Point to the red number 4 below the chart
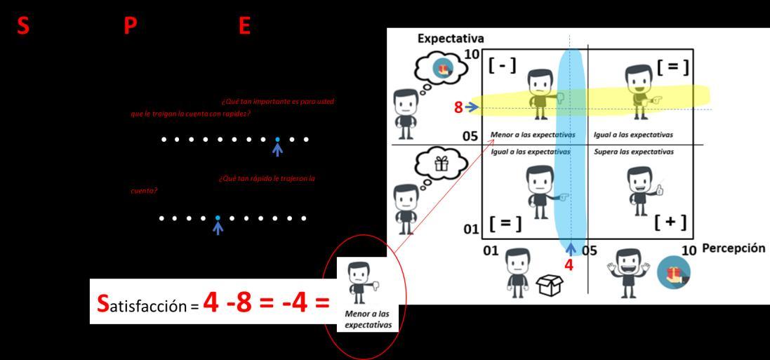(569, 265)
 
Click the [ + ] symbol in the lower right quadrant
(670, 222)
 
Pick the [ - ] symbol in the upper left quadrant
(503, 66)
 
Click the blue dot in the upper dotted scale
(277, 139)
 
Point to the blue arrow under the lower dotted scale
(218, 227)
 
